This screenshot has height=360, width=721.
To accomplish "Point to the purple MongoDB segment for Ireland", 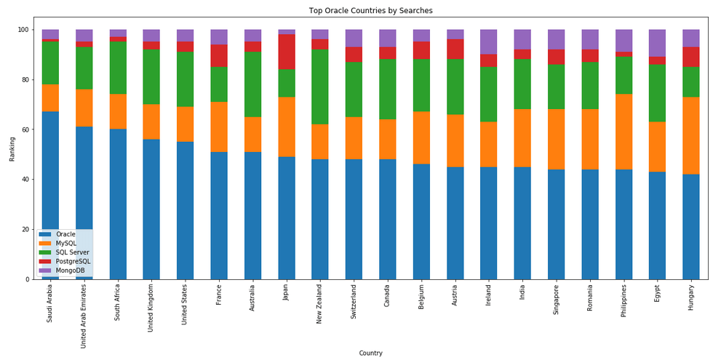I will [488, 41].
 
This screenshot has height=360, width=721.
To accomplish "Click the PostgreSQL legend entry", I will [73, 261].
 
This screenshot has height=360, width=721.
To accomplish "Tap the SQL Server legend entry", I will [73, 252].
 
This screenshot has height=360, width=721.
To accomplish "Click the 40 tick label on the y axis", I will [27, 180].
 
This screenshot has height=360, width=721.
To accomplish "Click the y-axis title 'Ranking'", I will [11, 154].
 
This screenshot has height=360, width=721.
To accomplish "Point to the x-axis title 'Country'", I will [370, 353].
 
